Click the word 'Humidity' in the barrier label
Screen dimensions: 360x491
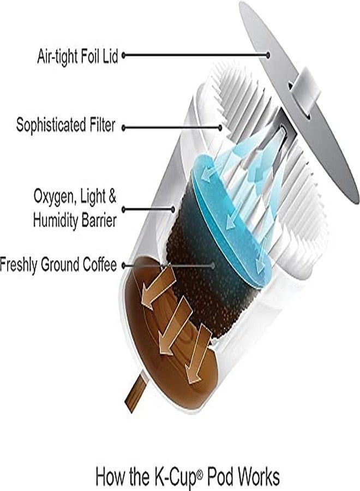point(56,220)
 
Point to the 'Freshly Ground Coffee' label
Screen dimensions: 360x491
point(58,265)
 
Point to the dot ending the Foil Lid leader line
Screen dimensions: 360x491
point(268,56)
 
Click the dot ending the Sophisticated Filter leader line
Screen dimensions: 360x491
point(220,128)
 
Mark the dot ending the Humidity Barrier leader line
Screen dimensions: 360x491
point(172,209)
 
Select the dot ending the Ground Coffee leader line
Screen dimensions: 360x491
point(213,266)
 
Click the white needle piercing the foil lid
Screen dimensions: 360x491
point(306,90)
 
